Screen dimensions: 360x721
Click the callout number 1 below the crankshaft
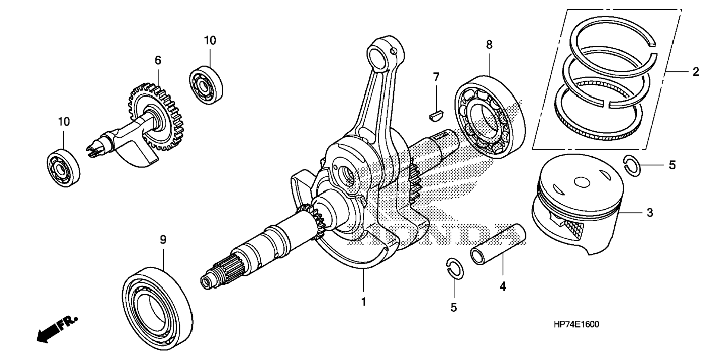(x=363, y=301)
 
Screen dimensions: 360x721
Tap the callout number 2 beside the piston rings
(x=696, y=71)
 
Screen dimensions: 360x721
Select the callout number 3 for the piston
(x=650, y=213)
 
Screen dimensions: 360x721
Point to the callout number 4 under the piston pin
(x=503, y=287)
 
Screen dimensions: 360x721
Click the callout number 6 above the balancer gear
(x=158, y=60)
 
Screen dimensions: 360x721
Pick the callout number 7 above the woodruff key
(x=436, y=77)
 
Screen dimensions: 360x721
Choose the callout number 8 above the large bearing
(x=489, y=45)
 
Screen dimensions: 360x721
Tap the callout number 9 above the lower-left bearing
(x=163, y=240)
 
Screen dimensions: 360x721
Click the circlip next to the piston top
(x=632, y=165)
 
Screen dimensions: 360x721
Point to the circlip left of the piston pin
(x=455, y=268)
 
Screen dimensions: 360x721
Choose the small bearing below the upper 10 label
(x=206, y=85)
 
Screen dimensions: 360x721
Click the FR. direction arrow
(x=56, y=329)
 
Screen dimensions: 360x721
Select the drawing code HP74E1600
(x=576, y=325)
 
